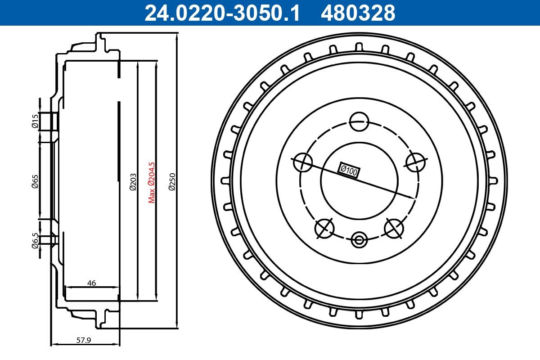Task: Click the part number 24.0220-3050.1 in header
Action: [x=221, y=13]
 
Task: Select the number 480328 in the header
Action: [x=358, y=13]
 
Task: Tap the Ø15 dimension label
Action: [x=35, y=121]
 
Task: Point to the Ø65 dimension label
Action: [x=35, y=181]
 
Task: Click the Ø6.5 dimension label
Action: [x=35, y=239]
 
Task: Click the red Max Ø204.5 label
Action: [x=152, y=182]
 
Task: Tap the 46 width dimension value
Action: [x=91, y=283]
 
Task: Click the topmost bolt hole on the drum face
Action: [x=359, y=121]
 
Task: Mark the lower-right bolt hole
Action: [x=394, y=228]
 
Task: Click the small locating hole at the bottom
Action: [x=359, y=239]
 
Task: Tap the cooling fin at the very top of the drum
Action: [x=359, y=47]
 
